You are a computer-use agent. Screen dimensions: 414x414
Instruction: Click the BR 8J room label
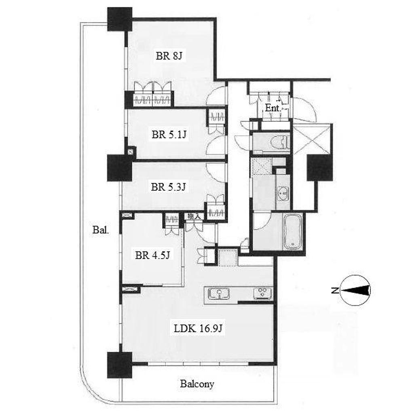(x=169, y=56)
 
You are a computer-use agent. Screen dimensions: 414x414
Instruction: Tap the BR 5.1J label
(x=169, y=134)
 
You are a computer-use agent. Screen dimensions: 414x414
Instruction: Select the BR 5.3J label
(x=169, y=187)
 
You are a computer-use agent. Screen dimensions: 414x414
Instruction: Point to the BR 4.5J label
(x=152, y=255)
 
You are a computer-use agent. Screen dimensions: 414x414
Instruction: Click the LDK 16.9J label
(x=198, y=328)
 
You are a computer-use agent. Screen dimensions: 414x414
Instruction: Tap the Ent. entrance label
(x=272, y=108)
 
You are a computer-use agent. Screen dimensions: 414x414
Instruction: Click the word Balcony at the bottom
(x=197, y=384)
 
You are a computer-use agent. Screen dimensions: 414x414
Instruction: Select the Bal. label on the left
(x=101, y=230)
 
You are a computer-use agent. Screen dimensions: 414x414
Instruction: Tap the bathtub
(x=293, y=232)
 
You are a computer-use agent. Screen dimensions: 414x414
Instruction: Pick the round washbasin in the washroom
(x=283, y=194)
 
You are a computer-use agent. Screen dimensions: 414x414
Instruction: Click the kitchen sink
(x=219, y=294)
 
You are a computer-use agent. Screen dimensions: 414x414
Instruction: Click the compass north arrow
(x=355, y=290)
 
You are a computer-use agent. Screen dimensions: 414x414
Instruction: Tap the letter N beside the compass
(x=335, y=291)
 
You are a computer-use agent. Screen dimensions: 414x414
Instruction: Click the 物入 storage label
(x=194, y=217)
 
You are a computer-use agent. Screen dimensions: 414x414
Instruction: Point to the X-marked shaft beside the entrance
(x=312, y=139)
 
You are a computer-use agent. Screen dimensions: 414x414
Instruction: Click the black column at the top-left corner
(x=120, y=19)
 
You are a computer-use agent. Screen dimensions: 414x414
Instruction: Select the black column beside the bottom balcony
(x=120, y=365)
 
